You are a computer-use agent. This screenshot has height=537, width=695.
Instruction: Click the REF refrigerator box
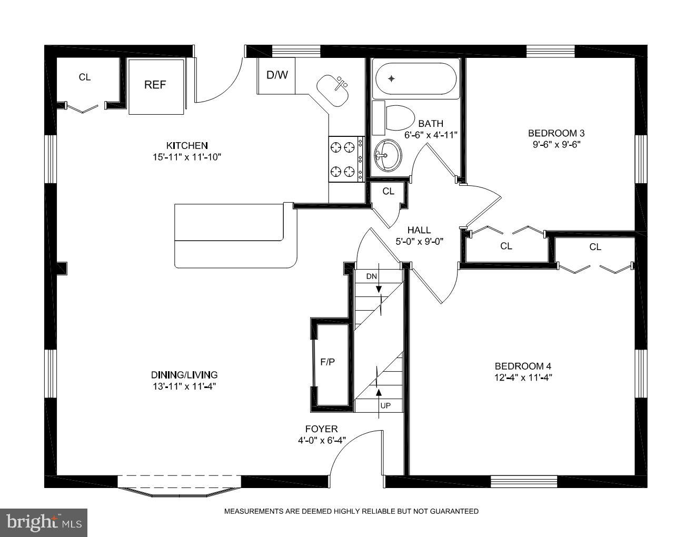(156, 85)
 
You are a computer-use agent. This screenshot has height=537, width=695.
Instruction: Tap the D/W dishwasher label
(277, 75)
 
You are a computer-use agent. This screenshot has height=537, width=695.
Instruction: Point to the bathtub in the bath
(415, 79)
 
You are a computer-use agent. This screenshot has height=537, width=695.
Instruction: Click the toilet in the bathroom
(398, 118)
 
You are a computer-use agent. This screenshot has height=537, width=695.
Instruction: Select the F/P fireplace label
(327, 362)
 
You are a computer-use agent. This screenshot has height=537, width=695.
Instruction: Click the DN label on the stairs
(372, 276)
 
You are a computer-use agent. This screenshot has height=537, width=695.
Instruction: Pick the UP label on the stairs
(385, 406)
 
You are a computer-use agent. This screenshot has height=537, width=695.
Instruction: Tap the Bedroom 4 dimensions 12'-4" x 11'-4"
(523, 377)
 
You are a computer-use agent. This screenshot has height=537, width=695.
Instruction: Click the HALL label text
(419, 230)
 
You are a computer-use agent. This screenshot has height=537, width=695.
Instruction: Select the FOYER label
(321, 429)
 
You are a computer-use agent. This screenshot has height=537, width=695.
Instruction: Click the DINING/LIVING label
(184, 375)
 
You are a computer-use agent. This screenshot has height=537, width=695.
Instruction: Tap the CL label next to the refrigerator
(85, 77)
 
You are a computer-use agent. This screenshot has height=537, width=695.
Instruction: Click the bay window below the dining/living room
(179, 485)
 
